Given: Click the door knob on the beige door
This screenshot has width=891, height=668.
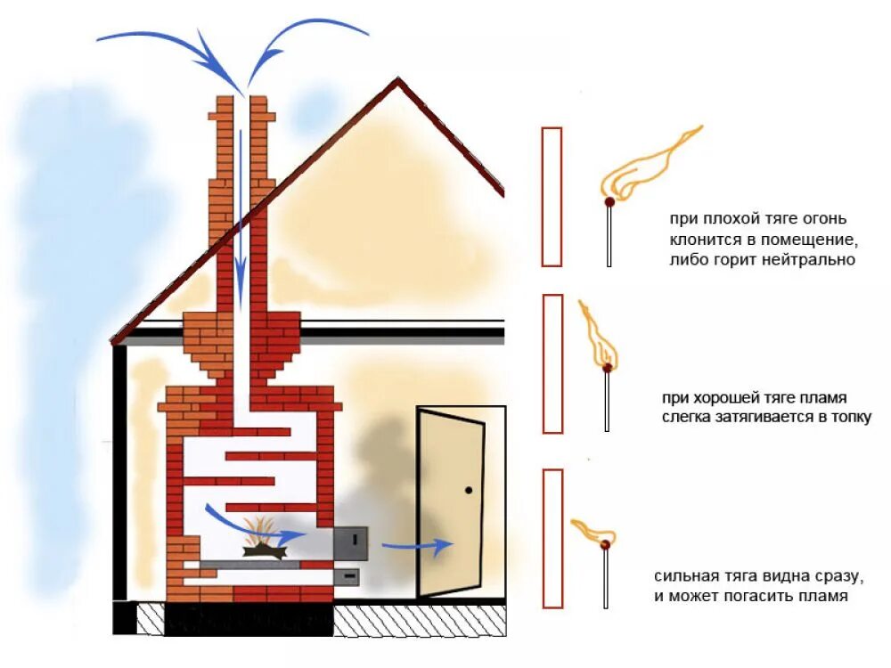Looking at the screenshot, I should coord(469,489).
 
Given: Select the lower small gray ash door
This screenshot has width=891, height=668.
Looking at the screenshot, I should coord(349,576).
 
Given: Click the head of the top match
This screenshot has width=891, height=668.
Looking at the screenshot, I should coord(609,202).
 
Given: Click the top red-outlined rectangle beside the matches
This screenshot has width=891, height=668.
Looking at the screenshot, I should coord(552,196).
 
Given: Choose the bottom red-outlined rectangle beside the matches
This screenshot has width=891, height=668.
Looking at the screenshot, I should coord(552,538).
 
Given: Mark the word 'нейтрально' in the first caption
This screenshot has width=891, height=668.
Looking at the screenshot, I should coord(817,260).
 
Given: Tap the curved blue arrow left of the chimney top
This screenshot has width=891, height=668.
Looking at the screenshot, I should coord(160,40).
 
